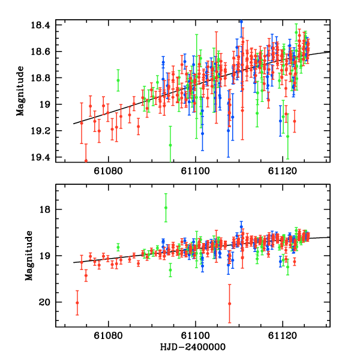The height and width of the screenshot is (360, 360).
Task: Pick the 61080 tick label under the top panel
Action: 110,171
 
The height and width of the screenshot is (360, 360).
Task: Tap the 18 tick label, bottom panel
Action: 47,209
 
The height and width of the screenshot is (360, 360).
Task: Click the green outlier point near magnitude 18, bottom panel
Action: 166,208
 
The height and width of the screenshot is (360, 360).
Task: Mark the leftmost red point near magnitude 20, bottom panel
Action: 77,302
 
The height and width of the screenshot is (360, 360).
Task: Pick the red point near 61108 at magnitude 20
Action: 229,304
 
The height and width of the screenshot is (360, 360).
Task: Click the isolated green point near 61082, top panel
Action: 118,80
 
